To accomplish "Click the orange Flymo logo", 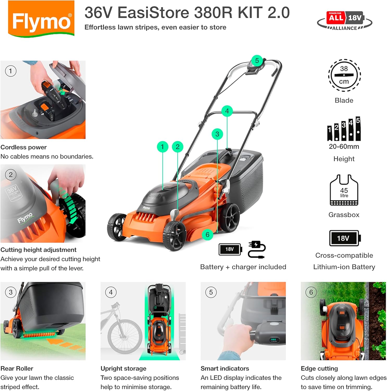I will (41, 19).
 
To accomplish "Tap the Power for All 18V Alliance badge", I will (345, 21).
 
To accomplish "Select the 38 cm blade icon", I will (344, 75).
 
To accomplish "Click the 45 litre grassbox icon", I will (344, 190).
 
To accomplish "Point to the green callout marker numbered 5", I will (257, 61).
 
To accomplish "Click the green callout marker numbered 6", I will (207, 235).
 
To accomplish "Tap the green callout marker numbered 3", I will (217, 134).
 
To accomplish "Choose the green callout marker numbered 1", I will (162, 147).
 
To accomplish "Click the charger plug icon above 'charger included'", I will (257, 249).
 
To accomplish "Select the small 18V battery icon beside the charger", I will (230, 249).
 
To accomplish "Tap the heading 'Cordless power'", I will (24, 147).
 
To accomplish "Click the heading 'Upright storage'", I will (123, 368).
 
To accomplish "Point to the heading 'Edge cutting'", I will (319, 368).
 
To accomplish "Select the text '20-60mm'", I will (344, 146).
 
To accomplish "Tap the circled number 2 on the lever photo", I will (11, 175).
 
